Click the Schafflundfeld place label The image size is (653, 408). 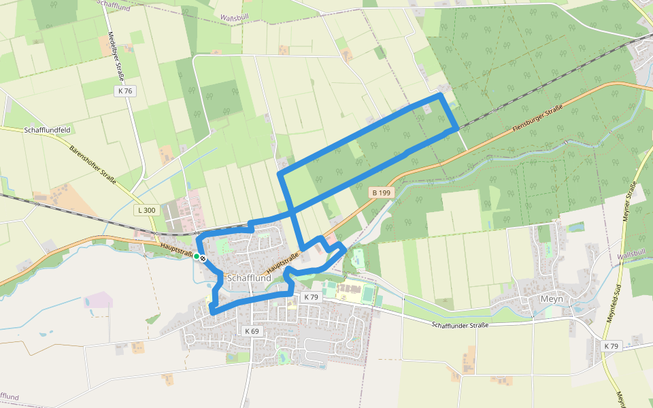click(x=48, y=129)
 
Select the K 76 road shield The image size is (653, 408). click(x=124, y=91)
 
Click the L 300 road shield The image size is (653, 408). click(x=146, y=210)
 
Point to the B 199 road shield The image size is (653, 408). click(x=382, y=193)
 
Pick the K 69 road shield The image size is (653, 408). click(x=250, y=331)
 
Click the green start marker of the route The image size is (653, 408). click(x=196, y=256)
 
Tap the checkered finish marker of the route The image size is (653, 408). click(x=203, y=258)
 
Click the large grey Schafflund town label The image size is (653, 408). click(x=250, y=278)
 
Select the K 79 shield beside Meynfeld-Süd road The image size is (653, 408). click(x=612, y=346)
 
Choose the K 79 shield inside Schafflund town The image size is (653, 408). click(x=311, y=297)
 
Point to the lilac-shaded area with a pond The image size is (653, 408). click(x=98, y=299)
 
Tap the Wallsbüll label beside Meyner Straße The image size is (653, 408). click(x=631, y=254)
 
